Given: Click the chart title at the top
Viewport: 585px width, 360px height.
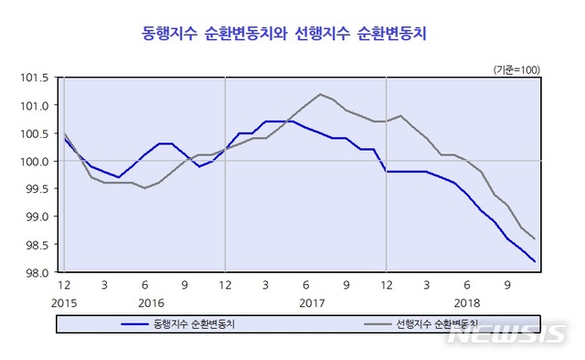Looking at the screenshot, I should (x=285, y=35).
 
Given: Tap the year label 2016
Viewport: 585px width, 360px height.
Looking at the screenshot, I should (x=151, y=302).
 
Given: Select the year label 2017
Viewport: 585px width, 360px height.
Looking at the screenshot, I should (x=312, y=302).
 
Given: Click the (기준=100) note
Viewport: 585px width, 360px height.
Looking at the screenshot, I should (x=516, y=69).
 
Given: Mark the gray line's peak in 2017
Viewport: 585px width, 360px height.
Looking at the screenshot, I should (x=320, y=94).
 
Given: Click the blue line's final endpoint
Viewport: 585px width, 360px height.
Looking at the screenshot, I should (x=535, y=262).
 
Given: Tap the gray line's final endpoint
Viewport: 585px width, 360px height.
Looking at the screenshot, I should (x=535, y=239).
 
